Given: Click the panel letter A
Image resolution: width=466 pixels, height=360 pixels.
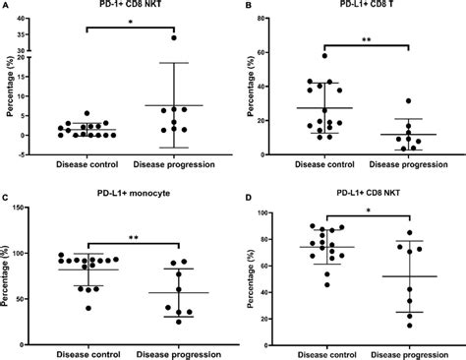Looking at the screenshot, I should coord(7,6).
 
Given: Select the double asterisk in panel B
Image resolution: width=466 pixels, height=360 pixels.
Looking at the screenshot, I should coord(367,41).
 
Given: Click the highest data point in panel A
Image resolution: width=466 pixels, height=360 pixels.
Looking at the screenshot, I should coord(173,38).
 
